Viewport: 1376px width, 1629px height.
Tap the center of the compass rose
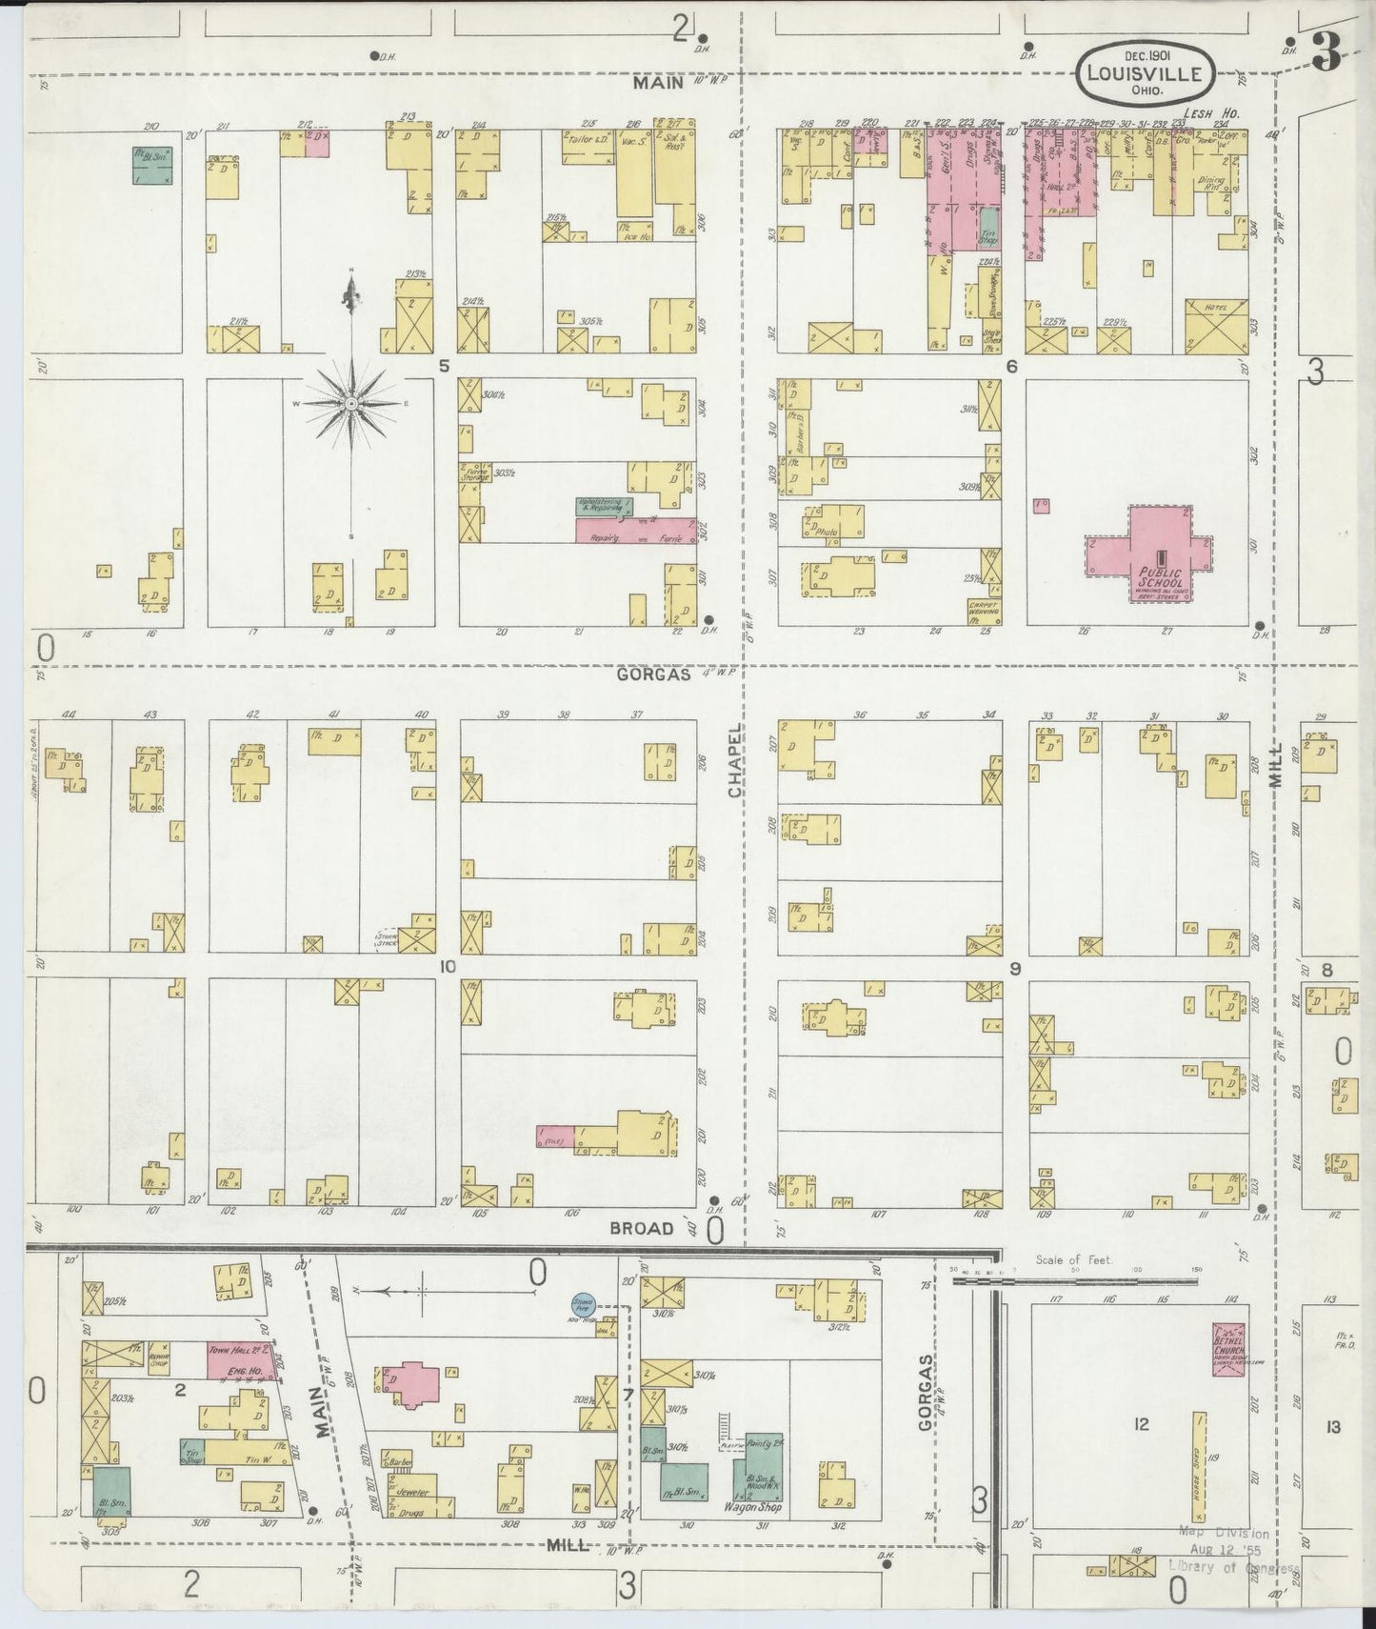tap(351, 404)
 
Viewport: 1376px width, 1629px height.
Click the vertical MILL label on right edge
tap(1277, 765)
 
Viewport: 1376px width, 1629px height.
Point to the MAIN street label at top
tap(659, 84)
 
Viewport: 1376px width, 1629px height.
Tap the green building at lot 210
tap(152, 166)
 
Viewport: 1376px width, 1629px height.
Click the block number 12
tap(1142, 1425)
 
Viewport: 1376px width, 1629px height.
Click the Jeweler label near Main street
tap(409, 1492)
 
